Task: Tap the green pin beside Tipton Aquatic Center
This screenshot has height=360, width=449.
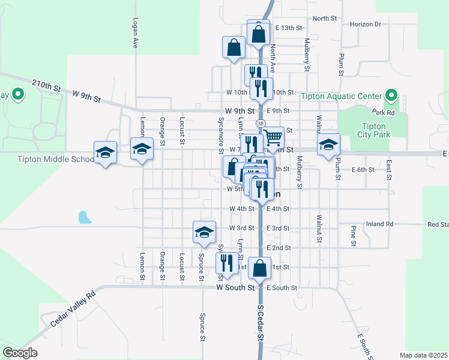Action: (x=391, y=95)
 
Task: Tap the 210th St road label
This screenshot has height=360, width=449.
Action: (x=47, y=85)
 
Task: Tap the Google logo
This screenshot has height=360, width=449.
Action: (x=20, y=353)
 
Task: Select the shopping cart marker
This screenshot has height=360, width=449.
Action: (x=273, y=137)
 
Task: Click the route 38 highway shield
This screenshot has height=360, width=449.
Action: (x=260, y=123)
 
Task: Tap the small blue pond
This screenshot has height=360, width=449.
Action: (x=85, y=217)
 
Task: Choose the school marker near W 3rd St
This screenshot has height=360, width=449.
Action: (x=204, y=232)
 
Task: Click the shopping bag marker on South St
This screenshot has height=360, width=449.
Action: (x=261, y=268)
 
